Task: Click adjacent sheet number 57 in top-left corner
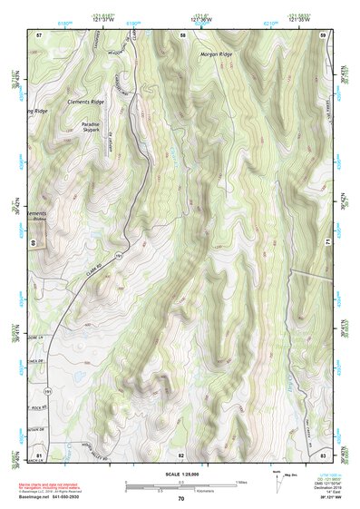(x=39, y=34)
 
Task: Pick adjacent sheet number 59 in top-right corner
(x=324, y=34)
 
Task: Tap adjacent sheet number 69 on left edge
(x=34, y=243)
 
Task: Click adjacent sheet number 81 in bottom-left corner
(x=39, y=453)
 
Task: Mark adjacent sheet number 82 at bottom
(x=181, y=454)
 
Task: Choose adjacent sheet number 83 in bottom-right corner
(x=324, y=453)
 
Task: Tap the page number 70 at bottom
(x=180, y=499)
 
